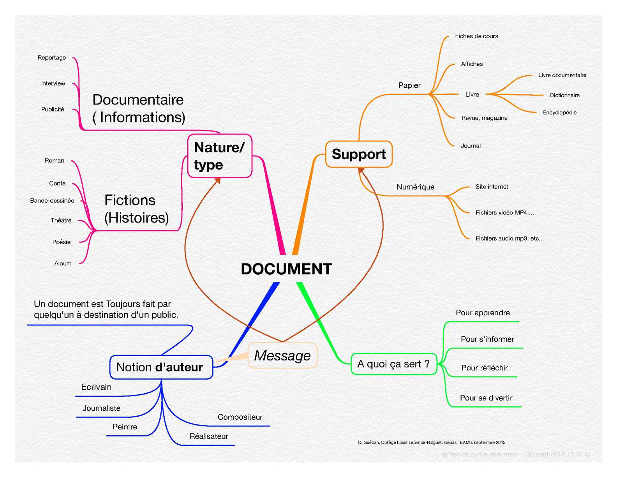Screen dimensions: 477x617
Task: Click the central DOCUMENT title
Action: (x=286, y=269)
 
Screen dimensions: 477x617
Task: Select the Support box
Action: (x=359, y=154)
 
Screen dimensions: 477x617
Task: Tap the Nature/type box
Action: (x=220, y=156)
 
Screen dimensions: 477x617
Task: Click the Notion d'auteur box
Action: (x=161, y=367)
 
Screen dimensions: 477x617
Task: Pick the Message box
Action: (x=282, y=355)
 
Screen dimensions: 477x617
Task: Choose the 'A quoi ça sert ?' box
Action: (x=393, y=364)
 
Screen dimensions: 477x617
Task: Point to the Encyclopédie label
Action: (x=559, y=113)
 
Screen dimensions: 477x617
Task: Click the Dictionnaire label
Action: (x=564, y=95)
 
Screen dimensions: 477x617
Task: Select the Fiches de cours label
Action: (x=476, y=36)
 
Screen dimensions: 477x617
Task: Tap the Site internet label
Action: (x=492, y=187)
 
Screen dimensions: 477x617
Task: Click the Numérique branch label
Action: (x=415, y=187)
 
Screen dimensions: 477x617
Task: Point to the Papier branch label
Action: (x=409, y=85)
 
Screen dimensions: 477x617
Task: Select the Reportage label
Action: (x=52, y=58)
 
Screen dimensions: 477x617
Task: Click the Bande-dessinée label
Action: (x=52, y=201)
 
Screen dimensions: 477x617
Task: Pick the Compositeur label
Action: (x=240, y=417)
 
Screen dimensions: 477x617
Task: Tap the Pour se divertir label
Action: (x=486, y=398)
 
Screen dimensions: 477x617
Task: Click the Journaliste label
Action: (x=101, y=408)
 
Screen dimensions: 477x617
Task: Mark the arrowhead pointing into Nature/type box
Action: (x=218, y=180)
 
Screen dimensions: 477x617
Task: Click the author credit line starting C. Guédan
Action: (x=431, y=442)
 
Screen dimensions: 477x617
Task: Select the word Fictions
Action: (x=130, y=200)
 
